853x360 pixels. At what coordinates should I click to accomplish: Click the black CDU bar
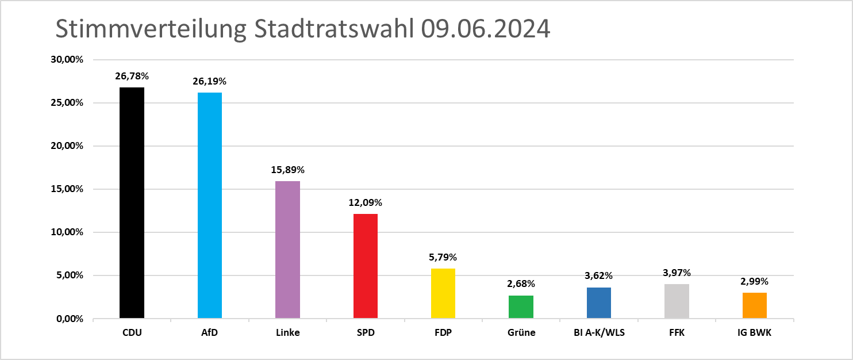click(132, 203)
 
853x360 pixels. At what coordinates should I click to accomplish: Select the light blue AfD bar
click(210, 205)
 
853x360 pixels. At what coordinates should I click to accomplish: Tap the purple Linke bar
click(287, 250)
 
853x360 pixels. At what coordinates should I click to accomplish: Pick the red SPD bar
click(366, 266)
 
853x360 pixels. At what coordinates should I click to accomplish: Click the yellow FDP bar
click(443, 293)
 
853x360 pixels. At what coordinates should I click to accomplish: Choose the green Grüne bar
click(521, 307)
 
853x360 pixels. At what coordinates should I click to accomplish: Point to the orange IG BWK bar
click(755, 305)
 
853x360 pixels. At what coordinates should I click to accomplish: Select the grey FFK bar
click(677, 301)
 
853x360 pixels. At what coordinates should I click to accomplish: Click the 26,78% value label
click(132, 76)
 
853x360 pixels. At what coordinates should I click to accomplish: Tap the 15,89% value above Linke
click(287, 170)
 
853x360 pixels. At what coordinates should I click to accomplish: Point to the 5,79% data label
click(443, 257)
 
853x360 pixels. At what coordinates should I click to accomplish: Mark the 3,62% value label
click(599, 275)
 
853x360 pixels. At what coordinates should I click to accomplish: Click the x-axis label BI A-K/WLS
click(599, 333)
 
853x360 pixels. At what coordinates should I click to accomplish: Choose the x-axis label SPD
click(366, 333)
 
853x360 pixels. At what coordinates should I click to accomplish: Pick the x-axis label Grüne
click(521, 333)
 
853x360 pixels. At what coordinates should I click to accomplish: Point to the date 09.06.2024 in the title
click(485, 29)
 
